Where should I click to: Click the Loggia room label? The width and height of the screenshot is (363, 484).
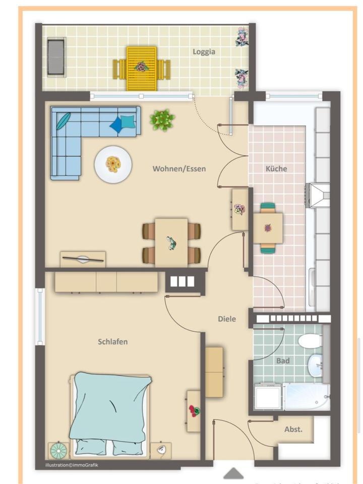[x=204, y=51]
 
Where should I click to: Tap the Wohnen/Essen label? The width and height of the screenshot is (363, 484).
[x=179, y=169]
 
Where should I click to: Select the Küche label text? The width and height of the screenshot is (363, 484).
[x=276, y=169]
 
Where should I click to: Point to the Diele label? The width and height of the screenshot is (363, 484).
[x=227, y=319]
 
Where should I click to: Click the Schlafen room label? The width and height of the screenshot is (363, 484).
[x=112, y=342]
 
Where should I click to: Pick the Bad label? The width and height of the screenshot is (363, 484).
[x=283, y=361]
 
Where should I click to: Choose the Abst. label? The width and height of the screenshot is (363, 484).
[x=293, y=430]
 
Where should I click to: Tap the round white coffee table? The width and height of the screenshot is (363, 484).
[x=113, y=164]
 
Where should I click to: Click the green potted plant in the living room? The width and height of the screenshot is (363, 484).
[x=162, y=120]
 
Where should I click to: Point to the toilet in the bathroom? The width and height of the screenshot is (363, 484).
[x=310, y=341]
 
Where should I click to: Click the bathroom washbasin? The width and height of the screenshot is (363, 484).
[x=316, y=363]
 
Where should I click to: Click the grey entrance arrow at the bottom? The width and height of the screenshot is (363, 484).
[x=233, y=473]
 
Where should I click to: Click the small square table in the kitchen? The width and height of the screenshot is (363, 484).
[x=268, y=228]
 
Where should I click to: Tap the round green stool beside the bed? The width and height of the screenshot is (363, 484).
[x=58, y=450]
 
